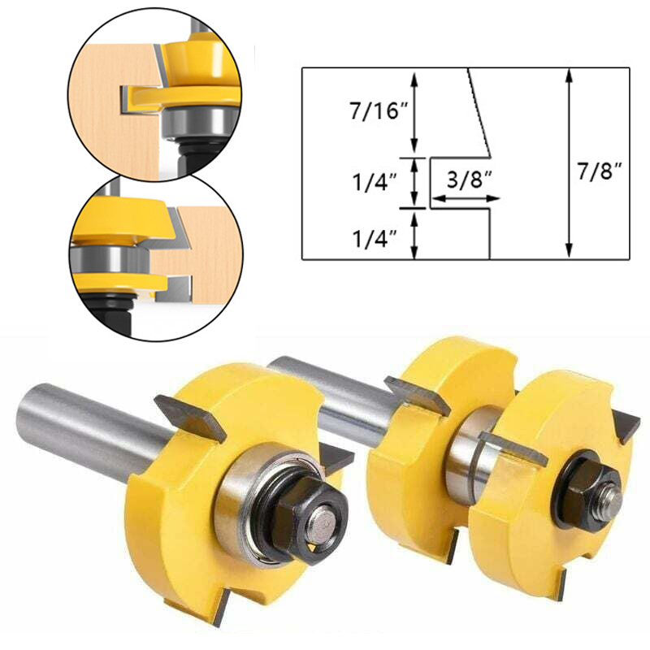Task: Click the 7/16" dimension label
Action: (379, 111)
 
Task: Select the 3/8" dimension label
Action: (470, 180)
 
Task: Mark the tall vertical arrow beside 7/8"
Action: (570, 163)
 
